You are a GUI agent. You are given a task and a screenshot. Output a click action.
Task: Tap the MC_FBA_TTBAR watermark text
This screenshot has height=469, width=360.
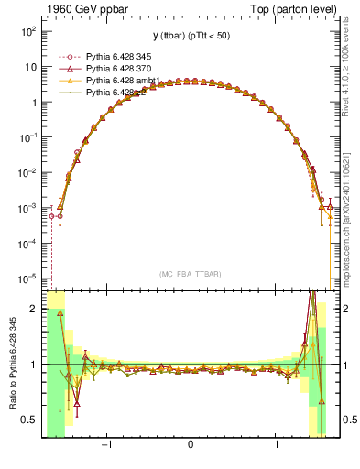pos(191,274)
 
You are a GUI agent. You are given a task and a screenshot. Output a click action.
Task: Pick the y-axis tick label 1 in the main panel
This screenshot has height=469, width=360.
pos(32,102)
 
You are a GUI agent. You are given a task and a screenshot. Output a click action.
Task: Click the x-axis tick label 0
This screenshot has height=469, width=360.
pos(191,445)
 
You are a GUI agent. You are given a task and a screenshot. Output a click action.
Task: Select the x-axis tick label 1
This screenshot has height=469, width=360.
pos(277,445)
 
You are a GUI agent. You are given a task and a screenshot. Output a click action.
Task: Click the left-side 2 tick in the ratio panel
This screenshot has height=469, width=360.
pos(33,310)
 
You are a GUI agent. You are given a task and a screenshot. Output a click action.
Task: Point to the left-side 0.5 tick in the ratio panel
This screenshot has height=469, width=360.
pos(28,420)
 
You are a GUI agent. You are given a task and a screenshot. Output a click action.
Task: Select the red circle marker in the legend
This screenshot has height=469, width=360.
pos(73,56)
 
